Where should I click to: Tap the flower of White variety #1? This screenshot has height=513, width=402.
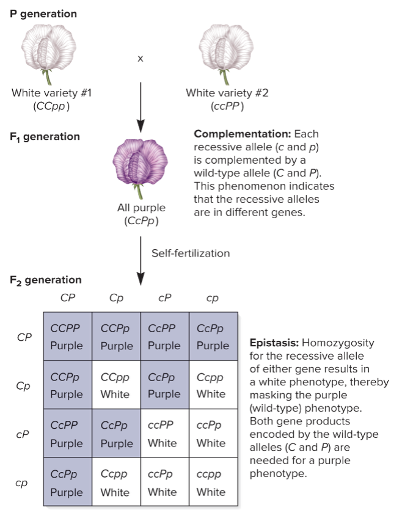(47, 54)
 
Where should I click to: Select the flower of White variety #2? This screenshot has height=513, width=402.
(227, 54)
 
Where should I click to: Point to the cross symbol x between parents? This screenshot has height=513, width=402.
(141, 59)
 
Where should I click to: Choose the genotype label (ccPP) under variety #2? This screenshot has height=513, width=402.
(227, 105)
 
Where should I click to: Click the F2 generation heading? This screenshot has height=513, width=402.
(45, 280)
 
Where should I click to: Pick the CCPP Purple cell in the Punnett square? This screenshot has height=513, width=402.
(67, 337)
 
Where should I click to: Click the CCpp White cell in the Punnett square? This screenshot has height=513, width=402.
(116, 385)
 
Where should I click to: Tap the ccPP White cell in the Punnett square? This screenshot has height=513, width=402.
(164, 434)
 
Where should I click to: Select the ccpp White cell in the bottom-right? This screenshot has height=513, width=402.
(213, 483)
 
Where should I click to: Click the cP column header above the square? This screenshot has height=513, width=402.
(164, 299)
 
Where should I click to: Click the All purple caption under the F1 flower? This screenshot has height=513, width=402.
(141, 208)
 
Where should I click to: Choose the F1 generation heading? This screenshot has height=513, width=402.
(45, 137)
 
